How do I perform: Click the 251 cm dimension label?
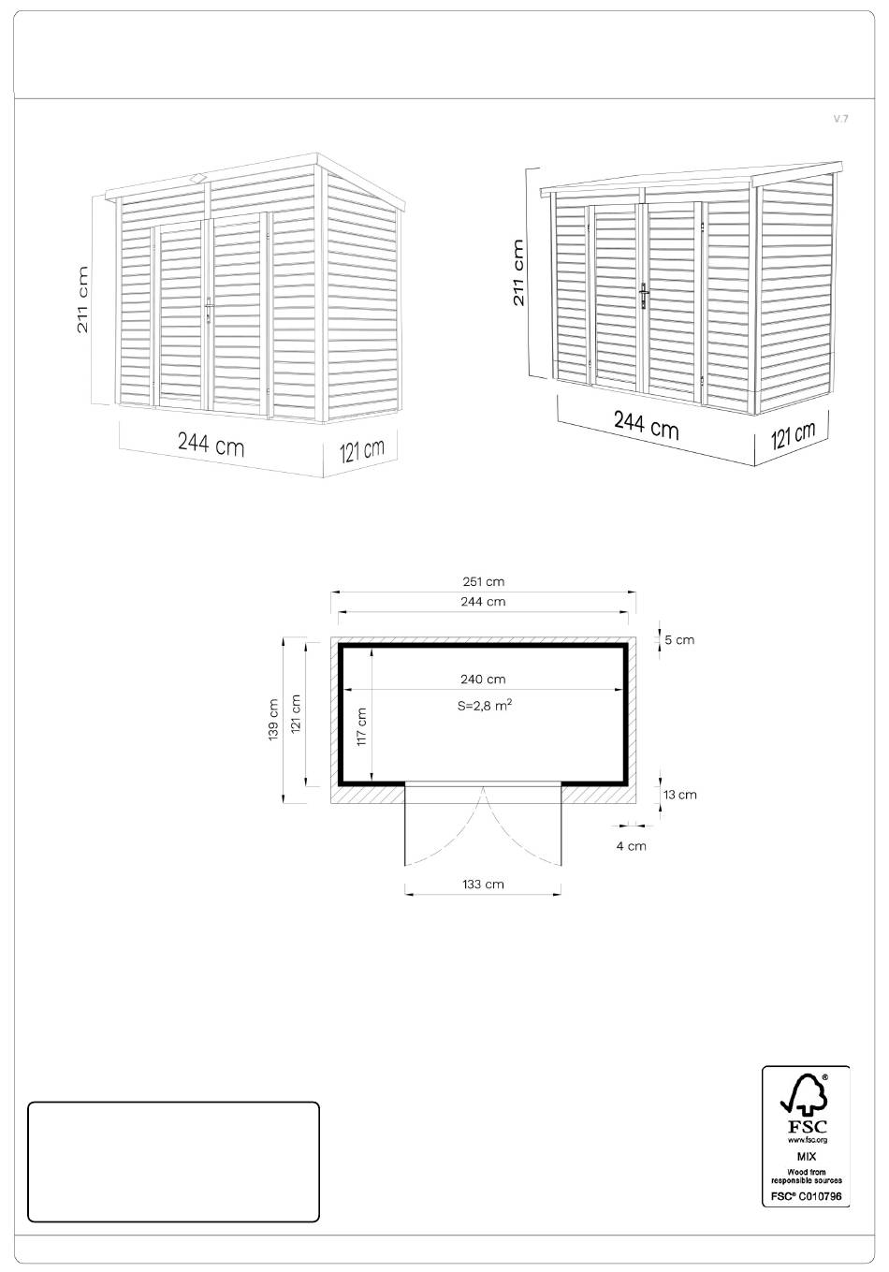point(483,581)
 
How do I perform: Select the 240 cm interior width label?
point(483,680)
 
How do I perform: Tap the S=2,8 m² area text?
point(486,706)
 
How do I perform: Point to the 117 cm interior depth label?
point(361,727)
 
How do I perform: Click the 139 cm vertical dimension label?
point(273,720)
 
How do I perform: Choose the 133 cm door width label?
point(483,885)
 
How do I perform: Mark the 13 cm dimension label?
point(680,795)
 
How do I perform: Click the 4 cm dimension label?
point(632,846)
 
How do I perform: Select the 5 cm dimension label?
point(679,640)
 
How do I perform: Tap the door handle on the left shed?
point(209,310)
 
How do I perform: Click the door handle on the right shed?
point(643,296)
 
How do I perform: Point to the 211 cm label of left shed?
point(83,300)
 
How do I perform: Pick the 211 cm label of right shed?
point(517,272)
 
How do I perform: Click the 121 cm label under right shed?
point(793,435)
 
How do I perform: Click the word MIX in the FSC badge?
point(806,1157)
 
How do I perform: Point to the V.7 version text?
point(840,119)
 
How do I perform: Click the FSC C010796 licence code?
point(806,1196)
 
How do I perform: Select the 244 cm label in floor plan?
point(483,601)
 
